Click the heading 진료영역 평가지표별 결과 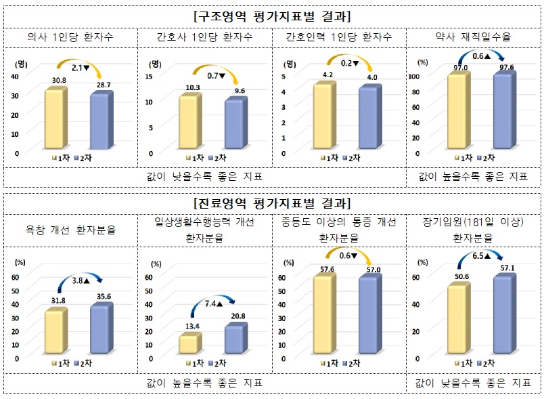(271, 203)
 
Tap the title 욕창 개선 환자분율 (70, 230)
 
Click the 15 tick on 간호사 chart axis (153, 76)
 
